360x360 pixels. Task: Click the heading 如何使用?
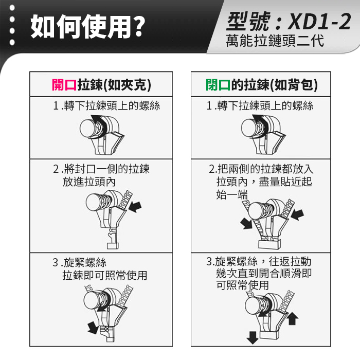click(88, 26)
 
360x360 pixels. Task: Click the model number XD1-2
click(319, 22)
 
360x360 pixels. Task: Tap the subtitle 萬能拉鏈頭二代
click(275, 41)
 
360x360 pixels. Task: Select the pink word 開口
click(64, 85)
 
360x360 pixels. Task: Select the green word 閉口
click(218, 85)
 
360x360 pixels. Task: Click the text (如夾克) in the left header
click(127, 85)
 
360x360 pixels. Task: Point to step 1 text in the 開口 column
click(106, 106)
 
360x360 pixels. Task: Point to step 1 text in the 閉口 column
click(260, 106)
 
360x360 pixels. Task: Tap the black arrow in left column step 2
click(135, 207)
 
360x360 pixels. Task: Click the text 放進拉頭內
click(89, 182)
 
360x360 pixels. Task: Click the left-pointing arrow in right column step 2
click(298, 214)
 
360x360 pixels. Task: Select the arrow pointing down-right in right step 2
click(246, 223)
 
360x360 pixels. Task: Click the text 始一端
click(232, 194)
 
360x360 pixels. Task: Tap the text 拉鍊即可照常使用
click(105, 275)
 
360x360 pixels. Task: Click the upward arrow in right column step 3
click(292, 318)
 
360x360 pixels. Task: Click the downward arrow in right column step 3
click(253, 338)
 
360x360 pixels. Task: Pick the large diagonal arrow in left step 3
click(93, 328)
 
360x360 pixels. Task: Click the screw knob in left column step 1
click(88, 129)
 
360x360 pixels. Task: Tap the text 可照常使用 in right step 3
click(242, 285)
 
